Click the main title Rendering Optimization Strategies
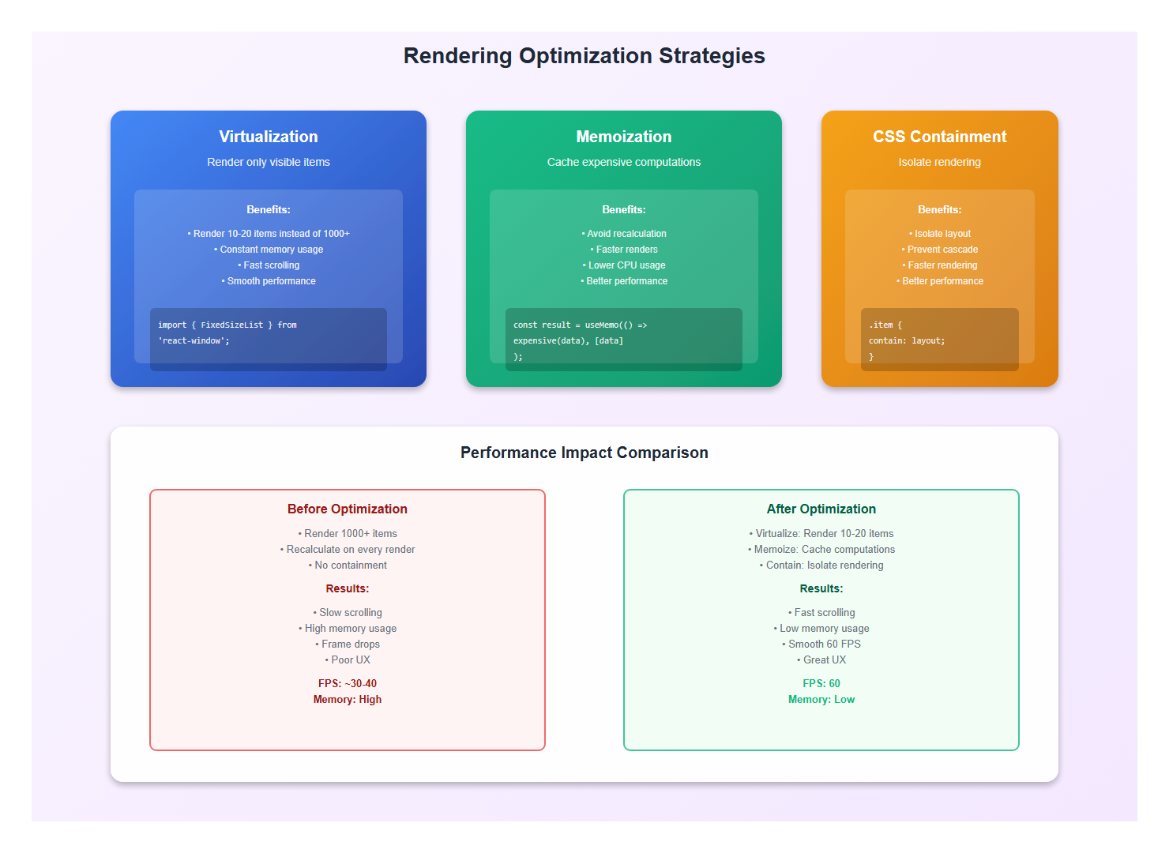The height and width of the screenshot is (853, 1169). click(x=584, y=56)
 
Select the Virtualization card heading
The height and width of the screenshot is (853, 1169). click(x=269, y=137)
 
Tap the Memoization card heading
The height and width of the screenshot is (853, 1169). click(x=624, y=137)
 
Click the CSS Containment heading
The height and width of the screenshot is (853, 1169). click(x=939, y=137)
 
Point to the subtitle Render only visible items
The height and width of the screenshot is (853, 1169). click(x=269, y=162)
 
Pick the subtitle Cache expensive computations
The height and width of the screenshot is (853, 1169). click(x=624, y=162)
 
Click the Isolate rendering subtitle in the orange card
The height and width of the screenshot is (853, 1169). click(x=939, y=162)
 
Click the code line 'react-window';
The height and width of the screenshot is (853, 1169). click(x=194, y=341)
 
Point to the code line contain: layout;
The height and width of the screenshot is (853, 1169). click(x=907, y=341)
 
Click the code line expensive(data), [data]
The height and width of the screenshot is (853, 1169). click(x=568, y=341)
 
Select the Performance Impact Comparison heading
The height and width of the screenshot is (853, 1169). click(x=584, y=453)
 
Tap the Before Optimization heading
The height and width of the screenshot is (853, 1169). click(x=348, y=509)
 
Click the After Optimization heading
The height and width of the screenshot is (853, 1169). click(x=821, y=509)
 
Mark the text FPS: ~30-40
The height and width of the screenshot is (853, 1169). click(x=348, y=684)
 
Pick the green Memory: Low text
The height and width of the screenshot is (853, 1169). click(x=821, y=700)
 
